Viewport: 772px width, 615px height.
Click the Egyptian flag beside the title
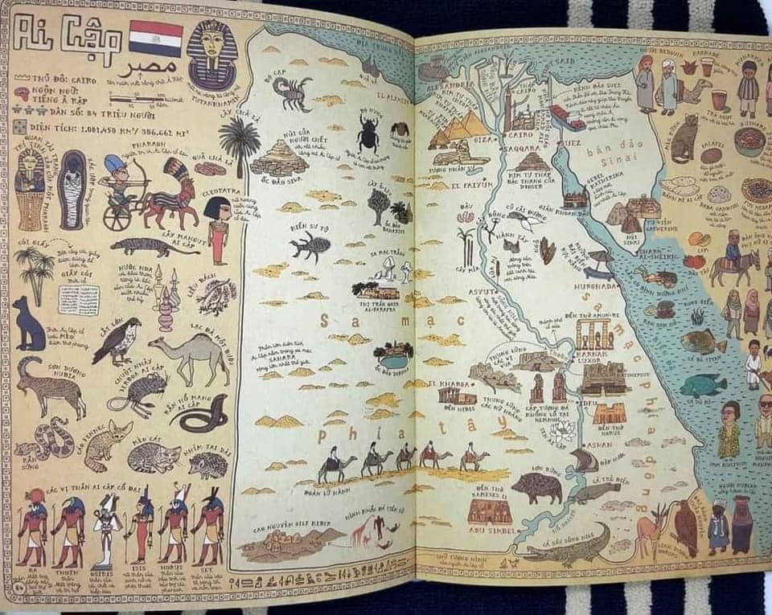tap(155, 38)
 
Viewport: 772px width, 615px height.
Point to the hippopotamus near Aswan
tap(536, 486)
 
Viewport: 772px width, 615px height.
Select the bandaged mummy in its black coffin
tap(72, 188)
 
